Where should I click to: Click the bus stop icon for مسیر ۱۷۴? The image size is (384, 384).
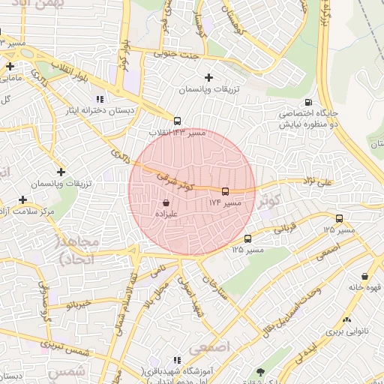coord(226,190)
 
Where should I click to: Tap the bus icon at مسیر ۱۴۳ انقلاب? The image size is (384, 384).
coord(177,121)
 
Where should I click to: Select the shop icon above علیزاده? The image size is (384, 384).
coord(165,202)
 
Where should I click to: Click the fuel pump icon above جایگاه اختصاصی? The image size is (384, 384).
coord(307,103)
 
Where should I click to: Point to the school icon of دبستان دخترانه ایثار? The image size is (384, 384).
coord(100,98)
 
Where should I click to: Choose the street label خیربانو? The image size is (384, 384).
coord(78,304)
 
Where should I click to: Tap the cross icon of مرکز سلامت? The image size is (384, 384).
coord(23,200)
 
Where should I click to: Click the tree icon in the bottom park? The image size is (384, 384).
coord(260,371)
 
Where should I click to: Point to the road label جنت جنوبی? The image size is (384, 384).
coord(175,54)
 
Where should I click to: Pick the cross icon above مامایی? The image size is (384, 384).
coord(10,66)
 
